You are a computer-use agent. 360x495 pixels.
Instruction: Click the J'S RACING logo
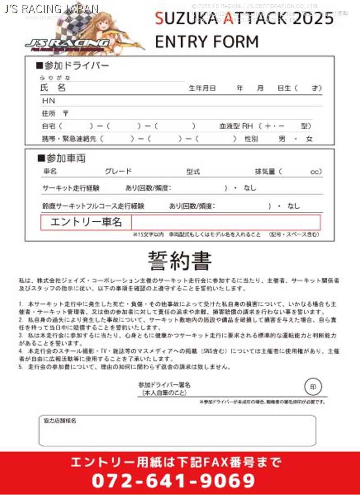pyautogui.click(x=67, y=43)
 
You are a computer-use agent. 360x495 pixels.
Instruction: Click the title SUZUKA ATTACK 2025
pyautogui.click(x=244, y=18)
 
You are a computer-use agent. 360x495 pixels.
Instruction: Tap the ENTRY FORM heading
pyautogui.click(x=207, y=41)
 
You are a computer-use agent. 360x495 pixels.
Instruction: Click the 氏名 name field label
pyautogui.click(x=53, y=88)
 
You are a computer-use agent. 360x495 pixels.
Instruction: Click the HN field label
pyautogui.click(x=48, y=101)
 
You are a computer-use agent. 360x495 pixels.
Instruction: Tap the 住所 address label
pyautogui.click(x=49, y=114)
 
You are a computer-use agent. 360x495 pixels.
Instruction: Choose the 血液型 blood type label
pyautogui.click(x=230, y=126)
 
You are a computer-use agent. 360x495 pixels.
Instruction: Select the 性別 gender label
pyautogui.click(x=251, y=139)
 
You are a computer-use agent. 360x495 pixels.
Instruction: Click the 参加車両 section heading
pyautogui.click(x=62, y=158)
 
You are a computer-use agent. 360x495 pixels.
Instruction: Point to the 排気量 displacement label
pyautogui.click(x=265, y=171)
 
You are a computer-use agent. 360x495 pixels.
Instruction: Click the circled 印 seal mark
pyautogui.click(x=313, y=387)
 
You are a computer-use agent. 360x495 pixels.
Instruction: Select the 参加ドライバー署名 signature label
pyautogui.click(x=164, y=385)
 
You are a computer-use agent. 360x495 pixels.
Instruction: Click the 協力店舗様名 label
pyautogui.click(x=60, y=421)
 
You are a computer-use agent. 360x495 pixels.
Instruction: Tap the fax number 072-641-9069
pyautogui.click(x=174, y=481)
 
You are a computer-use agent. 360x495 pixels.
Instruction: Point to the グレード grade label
pyautogui.click(x=118, y=171)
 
